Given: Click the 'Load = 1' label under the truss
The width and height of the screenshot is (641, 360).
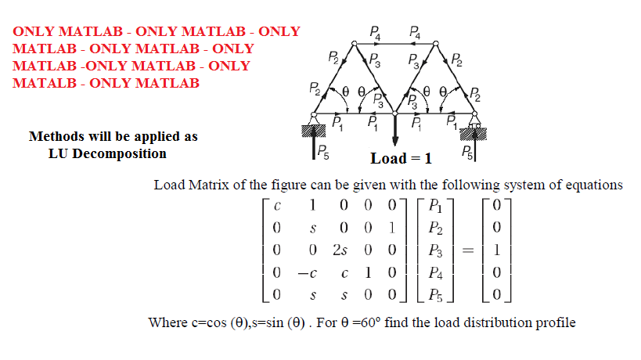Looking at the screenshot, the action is click(x=401, y=159).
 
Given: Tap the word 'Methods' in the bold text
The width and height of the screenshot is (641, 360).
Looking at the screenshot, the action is click(x=56, y=136).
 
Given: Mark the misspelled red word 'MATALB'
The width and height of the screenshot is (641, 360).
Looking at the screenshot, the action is click(x=43, y=83).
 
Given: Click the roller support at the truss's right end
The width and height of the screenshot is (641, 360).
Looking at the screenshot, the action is click(x=474, y=126).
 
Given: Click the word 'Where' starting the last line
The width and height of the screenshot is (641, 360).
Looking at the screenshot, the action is click(x=167, y=322).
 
